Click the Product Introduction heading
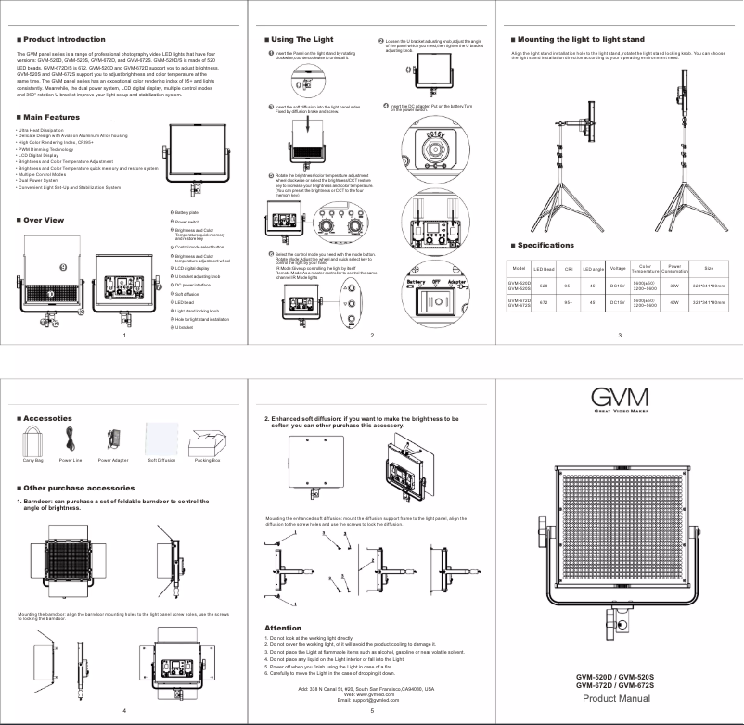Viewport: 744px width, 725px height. (x=64, y=40)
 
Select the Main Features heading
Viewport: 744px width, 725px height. (x=51, y=118)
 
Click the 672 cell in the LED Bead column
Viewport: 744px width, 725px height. (x=544, y=302)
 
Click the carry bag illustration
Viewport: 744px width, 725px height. (x=33, y=439)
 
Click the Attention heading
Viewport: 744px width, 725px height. (x=283, y=629)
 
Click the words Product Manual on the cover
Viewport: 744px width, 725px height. (x=616, y=698)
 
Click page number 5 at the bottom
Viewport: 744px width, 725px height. (x=371, y=710)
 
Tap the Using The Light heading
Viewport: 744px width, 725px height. (x=301, y=40)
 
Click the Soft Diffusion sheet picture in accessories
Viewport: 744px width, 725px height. (x=161, y=436)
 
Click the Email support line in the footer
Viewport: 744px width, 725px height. (x=372, y=701)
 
